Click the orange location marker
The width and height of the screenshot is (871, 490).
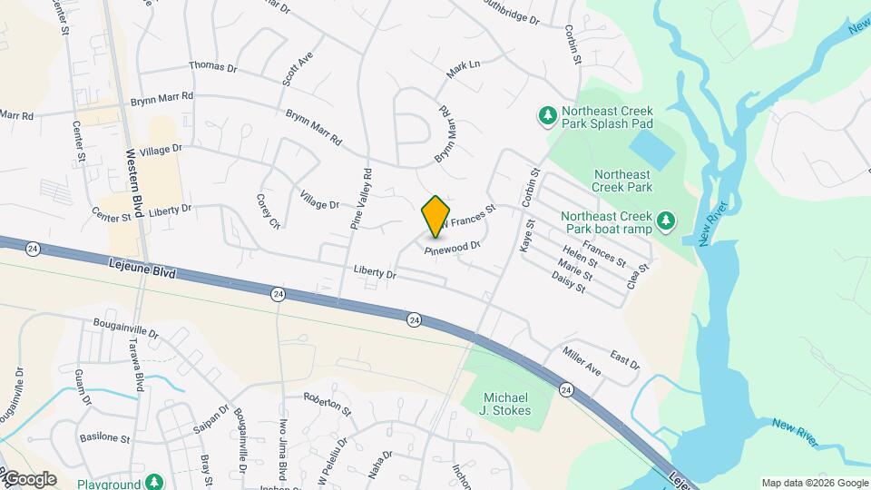pos(436,215)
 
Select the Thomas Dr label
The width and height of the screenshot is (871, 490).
pos(212,66)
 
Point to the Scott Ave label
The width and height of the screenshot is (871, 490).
pos(298,68)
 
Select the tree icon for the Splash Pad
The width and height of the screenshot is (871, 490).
pos(547,115)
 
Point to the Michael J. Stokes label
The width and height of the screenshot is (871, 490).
pos(506,405)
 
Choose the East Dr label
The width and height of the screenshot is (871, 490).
pos(625,359)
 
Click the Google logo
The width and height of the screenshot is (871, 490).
pos(29,478)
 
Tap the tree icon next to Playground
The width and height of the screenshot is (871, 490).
pos(155,482)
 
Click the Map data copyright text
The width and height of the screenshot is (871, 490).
pos(815,483)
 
